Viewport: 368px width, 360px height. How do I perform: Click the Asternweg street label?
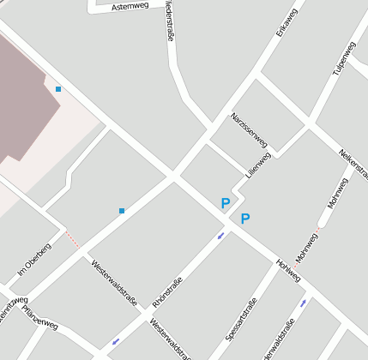[x=130, y=5]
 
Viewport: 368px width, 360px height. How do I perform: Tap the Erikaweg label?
[x=287, y=21]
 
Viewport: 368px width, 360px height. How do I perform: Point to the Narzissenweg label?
[x=249, y=129]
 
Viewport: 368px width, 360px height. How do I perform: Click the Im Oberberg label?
[x=34, y=261]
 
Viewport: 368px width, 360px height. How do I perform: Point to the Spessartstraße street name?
[x=242, y=320]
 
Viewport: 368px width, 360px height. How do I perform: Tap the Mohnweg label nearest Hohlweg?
[x=305, y=247]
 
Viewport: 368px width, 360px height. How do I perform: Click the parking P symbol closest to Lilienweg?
[x=226, y=203]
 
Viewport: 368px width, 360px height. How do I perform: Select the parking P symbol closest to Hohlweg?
[x=244, y=219]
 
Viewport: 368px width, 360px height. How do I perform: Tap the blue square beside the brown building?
[x=58, y=89]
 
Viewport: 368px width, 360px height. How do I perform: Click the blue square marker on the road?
[x=122, y=210]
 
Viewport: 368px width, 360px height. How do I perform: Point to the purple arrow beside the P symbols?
[x=220, y=235]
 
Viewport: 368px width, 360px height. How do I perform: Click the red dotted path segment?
[x=73, y=239]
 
